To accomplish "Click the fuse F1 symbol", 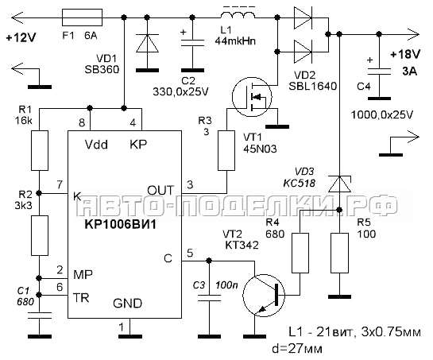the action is point(83,17).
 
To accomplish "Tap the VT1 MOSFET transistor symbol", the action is point(252,97).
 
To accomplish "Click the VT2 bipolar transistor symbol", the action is point(263,295).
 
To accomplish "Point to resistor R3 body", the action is point(226,150).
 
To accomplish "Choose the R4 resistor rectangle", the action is point(300,253).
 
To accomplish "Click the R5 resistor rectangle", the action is point(339,253).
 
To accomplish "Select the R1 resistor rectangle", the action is point(40,150).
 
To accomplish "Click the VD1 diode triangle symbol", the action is point(147,43).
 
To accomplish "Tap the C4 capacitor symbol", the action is point(379,71).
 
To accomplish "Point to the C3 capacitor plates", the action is point(209,298).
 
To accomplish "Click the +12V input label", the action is point(21,37).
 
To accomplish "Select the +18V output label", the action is point(405,54).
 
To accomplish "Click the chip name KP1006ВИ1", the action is point(121,224).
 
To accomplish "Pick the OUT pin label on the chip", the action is point(160,191).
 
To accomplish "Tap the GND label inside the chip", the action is point(127,304).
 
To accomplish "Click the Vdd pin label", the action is point(96,145).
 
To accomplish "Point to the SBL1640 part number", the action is point(312,86).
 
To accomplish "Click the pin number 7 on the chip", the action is point(60,185).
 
